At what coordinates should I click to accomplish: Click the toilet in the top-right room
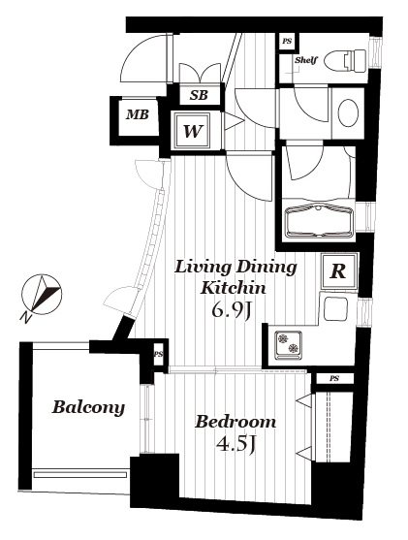pos(345,61)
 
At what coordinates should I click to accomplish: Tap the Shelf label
pos(305,60)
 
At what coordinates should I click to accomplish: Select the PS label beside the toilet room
pos(287,42)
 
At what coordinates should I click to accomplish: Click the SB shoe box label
pos(199,95)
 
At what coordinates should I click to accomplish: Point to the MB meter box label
pos(138,114)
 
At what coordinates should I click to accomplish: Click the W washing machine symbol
pos(192,131)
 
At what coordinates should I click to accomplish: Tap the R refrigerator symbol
pos(339,271)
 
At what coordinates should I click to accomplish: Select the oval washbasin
pos(348,113)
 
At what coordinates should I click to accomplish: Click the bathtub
pos(319,220)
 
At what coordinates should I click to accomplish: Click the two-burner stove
pos(288,345)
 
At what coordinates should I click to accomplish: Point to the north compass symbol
pos(42,295)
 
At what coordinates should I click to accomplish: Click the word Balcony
pos(88,407)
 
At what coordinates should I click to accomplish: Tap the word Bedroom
pos(235,422)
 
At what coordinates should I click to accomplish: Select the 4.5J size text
pos(236,444)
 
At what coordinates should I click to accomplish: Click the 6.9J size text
pos(233,310)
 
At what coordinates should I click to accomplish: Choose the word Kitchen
pos(234,288)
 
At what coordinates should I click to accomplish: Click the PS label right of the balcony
pos(158,354)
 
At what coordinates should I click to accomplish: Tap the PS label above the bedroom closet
pos(334,379)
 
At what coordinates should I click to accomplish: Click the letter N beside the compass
pos(25,318)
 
